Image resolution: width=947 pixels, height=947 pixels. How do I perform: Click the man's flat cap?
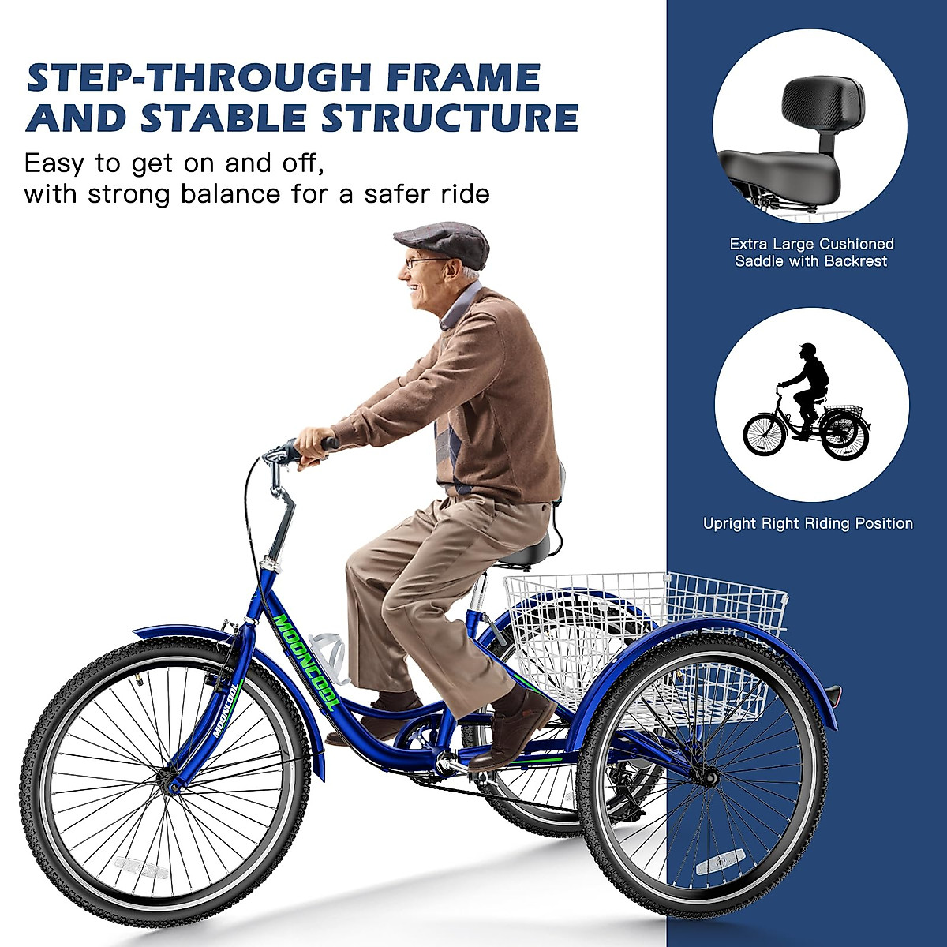coord(444,241)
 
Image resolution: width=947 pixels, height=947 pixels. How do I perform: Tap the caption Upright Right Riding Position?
coord(807,523)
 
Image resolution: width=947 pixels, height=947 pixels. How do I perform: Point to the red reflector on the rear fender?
coord(835,693)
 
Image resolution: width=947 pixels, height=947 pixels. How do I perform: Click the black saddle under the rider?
coord(526,552)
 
